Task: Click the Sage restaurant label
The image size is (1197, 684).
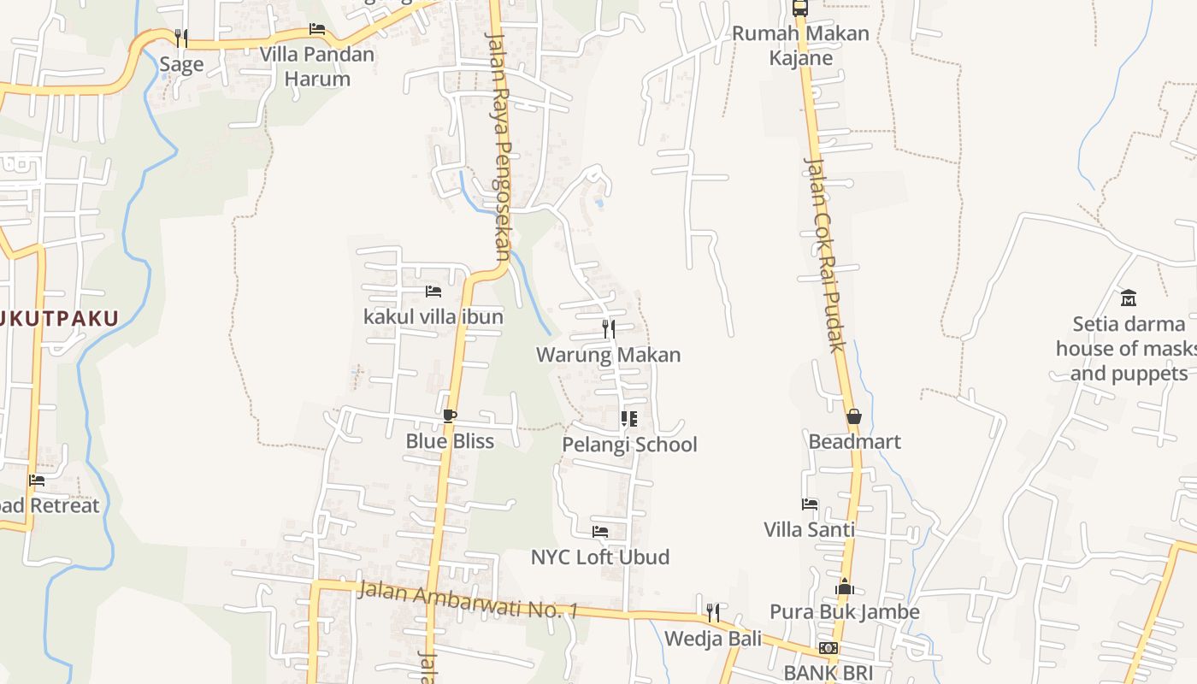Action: pyautogui.click(x=181, y=64)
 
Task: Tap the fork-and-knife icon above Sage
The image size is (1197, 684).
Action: pyautogui.click(x=181, y=38)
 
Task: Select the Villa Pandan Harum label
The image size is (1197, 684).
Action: pyautogui.click(x=317, y=67)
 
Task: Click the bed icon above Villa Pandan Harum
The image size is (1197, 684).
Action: pyautogui.click(x=317, y=28)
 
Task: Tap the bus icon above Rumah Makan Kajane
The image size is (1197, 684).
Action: pyautogui.click(x=800, y=8)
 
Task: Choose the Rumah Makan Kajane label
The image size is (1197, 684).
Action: pyautogui.click(x=800, y=45)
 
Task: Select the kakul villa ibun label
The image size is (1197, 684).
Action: pyautogui.click(x=433, y=316)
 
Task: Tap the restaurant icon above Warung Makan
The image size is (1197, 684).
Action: pyautogui.click(x=609, y=328)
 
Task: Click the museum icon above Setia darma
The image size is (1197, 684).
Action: pyautogui.click(x=1129, y=298)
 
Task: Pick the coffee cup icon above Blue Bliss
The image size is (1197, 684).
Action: pyautogui.click(x=450, y=416)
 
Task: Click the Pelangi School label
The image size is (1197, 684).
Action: pyautogui.click(x=629, y=445)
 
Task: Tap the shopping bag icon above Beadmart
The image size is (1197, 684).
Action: pyautogui.click(x=853, y=416)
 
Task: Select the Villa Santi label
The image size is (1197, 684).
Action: pyautogui.click(x=809, y=529)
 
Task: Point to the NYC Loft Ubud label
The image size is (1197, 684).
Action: pyautogui.click(x=600, y=557)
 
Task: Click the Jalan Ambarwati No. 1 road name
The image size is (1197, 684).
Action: pyautogui.click(x=469, y=599)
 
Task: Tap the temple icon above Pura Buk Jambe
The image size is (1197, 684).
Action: pyautogui.click(x=845, y=587)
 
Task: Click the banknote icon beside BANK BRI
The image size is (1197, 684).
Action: pyautogui.click(x=828, y=648)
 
